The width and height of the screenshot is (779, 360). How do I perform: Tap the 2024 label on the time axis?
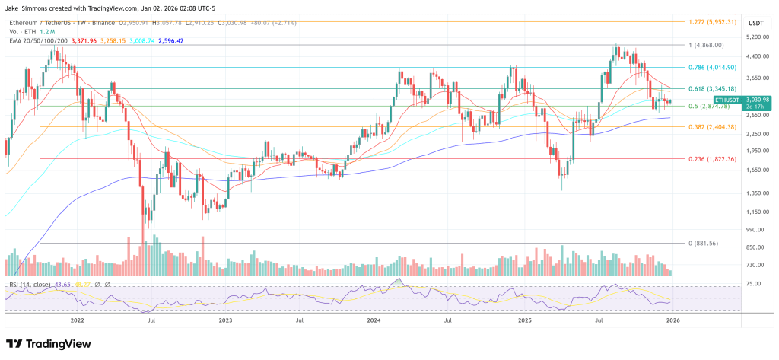(x=374, y=321)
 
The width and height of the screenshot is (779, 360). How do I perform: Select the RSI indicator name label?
(x=30, y=284)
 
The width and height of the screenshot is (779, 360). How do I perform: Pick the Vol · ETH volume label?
(x=22, y=31)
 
